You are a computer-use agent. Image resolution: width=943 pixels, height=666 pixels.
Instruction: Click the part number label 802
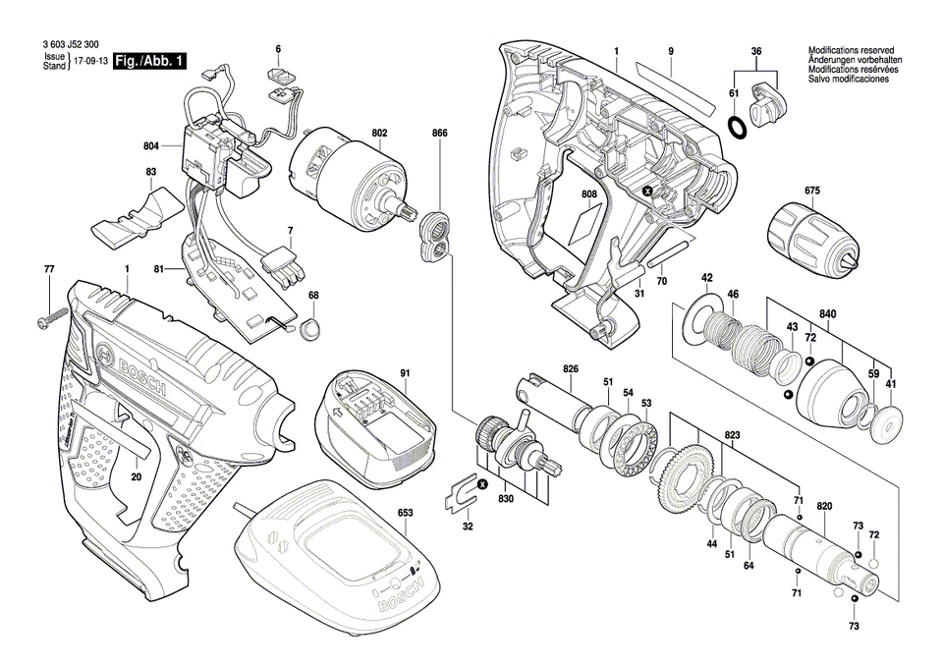(379, 133)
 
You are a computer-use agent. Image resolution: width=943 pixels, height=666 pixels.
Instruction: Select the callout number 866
(439, 133)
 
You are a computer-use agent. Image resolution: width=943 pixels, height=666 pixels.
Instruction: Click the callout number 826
(570, 368)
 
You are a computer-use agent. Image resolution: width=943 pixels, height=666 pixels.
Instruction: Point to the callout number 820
(824, 506)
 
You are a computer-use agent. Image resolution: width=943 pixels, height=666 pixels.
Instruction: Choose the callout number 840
(828, 315)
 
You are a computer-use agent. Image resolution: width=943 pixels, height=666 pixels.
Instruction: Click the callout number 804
(150, 146)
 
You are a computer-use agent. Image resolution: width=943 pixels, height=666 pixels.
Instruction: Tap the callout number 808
(588, 194)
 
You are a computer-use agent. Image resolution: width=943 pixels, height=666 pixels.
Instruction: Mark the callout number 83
(150, 172)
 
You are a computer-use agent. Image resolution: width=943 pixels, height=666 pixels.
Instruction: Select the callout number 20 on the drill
(136, 477)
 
